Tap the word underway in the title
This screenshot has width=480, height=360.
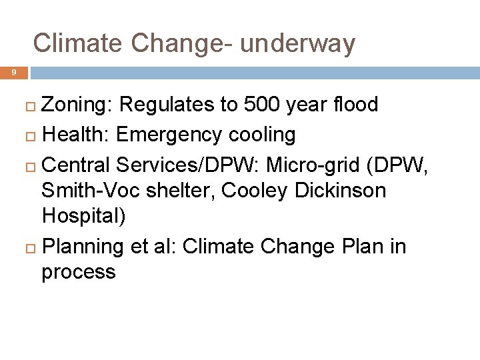297,43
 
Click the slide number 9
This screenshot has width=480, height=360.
13,73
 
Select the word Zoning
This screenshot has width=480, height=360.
77,105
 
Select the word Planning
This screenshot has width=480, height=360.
83,247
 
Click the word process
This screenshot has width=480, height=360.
78,273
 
